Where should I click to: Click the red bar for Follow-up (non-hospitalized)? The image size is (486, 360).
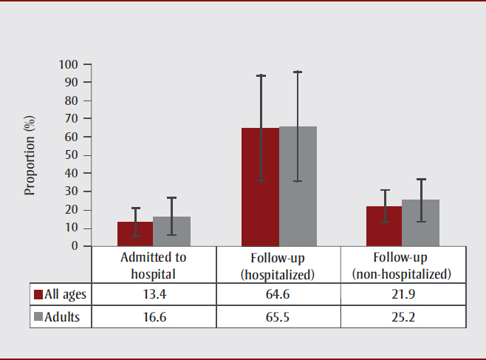(384, 226)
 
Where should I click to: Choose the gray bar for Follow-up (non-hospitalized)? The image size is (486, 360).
(421, 223)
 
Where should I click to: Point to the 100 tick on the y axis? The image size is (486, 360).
(69, 64)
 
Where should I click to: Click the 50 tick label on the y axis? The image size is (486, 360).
(72, 155)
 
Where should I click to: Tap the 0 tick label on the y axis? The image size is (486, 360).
(75, 246)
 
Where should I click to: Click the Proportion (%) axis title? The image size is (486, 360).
(30, 155)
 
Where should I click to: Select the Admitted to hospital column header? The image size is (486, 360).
(154, 265)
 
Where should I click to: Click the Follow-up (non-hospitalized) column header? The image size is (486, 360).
(403, 265)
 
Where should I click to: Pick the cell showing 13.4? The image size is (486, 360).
(154, 294)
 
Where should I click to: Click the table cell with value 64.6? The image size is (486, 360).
(278, 294)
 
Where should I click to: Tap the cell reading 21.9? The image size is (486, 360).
(403, 294)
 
